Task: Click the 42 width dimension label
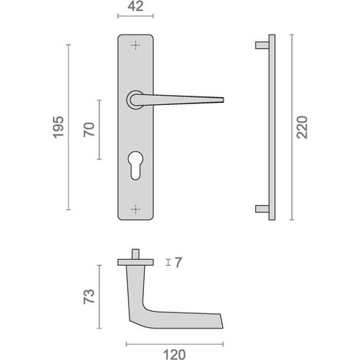[x=136, y=6]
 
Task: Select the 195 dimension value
[x=58, y=127]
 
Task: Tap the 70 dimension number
[x=89, y=129]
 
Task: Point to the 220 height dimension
[x=302, y=127]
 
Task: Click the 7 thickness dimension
[x=178, y=263]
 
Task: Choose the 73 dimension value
[x=89, y=296]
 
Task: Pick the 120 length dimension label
[x=175, y=355]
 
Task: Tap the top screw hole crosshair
[x=136, y=45]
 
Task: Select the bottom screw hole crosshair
[x=136, y=209]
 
